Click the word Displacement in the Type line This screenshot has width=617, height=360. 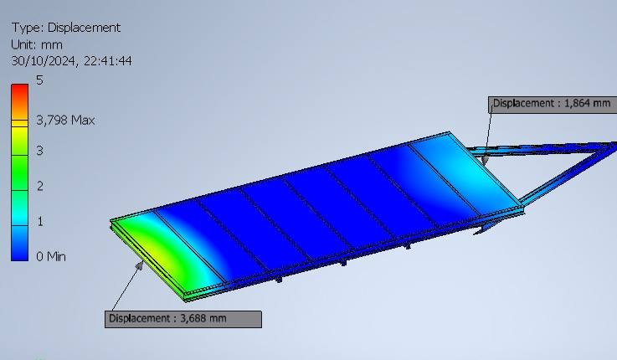(84, 28)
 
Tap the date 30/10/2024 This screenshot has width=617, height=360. (44, 61)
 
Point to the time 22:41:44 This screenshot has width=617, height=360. (108, 61)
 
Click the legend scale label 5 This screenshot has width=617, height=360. (39, 80)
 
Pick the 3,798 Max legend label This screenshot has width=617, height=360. (65, 120)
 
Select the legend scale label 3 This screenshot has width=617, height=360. (39, 151)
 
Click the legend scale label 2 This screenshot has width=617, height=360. (39, 186)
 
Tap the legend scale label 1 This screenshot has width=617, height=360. (39, 222)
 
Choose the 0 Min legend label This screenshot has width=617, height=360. (51, 256)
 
